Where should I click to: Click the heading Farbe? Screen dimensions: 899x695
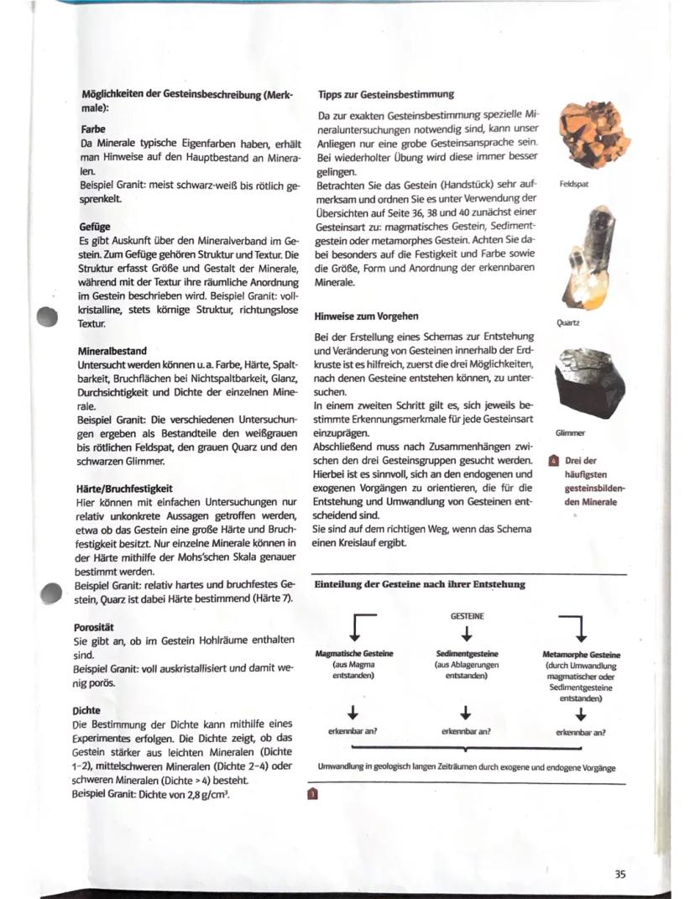click(92, 130)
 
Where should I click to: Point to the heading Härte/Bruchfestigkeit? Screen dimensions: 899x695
click(124, 488)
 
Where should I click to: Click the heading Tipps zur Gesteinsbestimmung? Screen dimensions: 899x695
click(386, 94)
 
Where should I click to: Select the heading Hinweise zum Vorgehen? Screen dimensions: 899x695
click(366, 316)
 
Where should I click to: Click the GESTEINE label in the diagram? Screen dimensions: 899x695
click(467, 615)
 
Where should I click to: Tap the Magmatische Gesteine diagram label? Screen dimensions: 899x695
click(354, 654)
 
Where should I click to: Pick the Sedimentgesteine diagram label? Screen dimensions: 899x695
click(468, 654)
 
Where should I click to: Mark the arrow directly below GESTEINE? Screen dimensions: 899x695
click(468, 632)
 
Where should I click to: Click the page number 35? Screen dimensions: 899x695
click(619, 874)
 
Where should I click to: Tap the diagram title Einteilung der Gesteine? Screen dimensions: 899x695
click(419, 584)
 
